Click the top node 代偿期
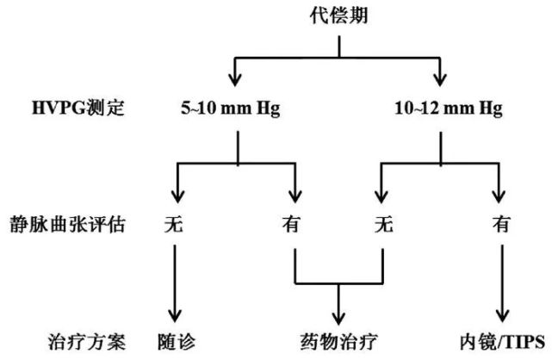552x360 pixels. (338, 16)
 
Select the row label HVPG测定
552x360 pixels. (78, 108)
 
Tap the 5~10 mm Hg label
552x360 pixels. (231, 108)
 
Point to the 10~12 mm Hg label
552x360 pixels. (449, 108)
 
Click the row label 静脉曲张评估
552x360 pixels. (67, 224)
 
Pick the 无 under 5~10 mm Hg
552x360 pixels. (174, 224)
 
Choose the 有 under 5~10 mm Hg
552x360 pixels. (291, 224)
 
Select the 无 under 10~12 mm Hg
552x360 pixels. (384, 224)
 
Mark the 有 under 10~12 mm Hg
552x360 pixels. (501, 224)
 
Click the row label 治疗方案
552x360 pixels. (87, 342)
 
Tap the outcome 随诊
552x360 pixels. (177, 342)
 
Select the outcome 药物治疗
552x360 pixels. (338, 342)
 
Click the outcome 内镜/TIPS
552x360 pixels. (502, 342)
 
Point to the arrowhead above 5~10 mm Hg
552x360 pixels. (235, 79)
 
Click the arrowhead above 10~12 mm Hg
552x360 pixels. (440, 79)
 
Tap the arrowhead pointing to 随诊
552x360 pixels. (175, 316)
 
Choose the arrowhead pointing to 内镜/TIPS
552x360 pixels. (502, 316)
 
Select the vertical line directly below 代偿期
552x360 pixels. (339, 47)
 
